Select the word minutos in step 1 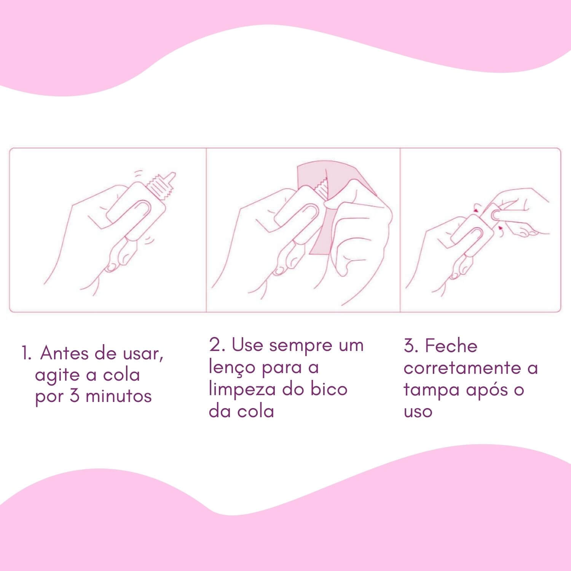[119, 396]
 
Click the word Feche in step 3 [451, 346]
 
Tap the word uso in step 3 [418, 412]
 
